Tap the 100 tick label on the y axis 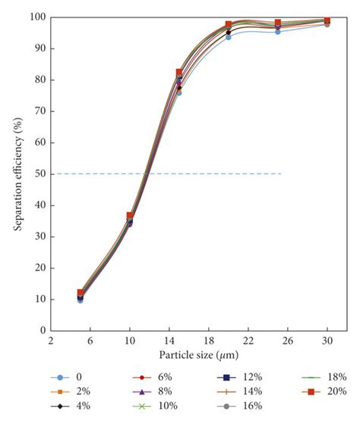[35, 17]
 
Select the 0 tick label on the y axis [41, 331]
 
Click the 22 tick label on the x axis [248, 341]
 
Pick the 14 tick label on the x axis [169, 341]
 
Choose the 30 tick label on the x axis [327, 341]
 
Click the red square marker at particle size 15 [179, 72]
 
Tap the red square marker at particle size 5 [81, 293]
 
